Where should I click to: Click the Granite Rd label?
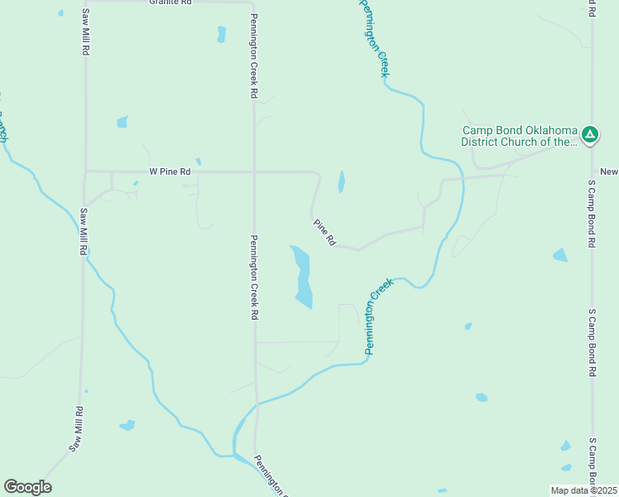click(170, 2)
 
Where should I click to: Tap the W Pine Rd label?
click(170, 171)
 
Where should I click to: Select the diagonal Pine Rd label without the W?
click(324, 232)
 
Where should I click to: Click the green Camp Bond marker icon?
click(589, 134)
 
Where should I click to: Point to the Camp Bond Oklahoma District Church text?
click(519, 136)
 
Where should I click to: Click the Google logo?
click(27, 487)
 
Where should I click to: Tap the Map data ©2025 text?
click(583, 490)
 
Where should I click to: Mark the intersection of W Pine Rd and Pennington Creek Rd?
click(254, 171)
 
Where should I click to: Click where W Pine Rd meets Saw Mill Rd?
click(85, 171)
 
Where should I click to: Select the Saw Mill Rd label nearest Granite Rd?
click(85, 31)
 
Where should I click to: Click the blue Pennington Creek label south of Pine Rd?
click(377, 317)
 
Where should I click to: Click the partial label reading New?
click(609, 171)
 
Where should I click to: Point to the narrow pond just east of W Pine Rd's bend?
click(341, 181)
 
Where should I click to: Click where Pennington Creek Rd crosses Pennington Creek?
click(256, 405)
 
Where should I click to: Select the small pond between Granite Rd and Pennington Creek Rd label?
click(221, 34)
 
